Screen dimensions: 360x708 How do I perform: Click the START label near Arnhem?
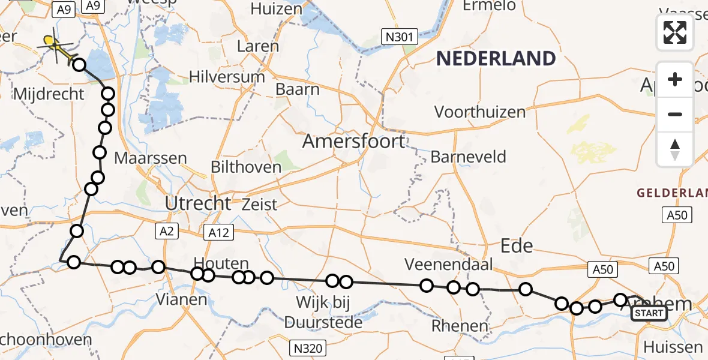point(649,313)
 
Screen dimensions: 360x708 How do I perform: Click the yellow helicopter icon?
point(56,45)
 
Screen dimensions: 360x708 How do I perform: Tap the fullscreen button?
point(675,32)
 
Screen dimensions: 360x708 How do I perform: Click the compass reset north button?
point(675,149)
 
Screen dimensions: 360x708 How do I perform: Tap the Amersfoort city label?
point(353,142)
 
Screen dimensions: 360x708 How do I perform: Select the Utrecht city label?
point(198,203)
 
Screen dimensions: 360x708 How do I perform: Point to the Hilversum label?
point(227,77)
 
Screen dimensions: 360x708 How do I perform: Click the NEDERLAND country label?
point(496,59)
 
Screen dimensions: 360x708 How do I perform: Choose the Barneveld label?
point(468,157)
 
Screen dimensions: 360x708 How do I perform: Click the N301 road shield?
point(399,38)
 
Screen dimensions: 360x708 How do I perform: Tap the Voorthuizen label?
point(479,112)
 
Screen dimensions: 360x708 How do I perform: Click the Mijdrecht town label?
point(47,94)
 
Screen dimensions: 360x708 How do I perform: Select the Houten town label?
point(221,263)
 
